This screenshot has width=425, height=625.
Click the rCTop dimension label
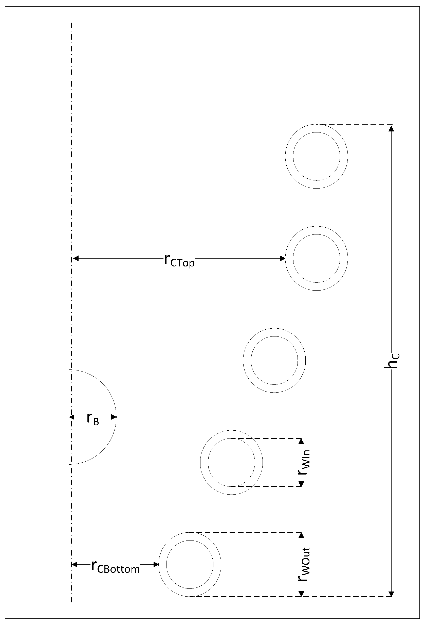[x=179, y=260]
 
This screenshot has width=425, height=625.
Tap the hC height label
[x=392, y=360]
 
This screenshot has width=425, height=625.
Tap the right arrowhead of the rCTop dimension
[x=282, y=258]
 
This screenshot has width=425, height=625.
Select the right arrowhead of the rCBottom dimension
[x=156, y=565]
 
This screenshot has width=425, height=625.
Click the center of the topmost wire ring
[x=317, y=156]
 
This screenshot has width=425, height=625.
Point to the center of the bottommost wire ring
[x=190, y=565]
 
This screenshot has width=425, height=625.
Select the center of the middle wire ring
[x=274, y=360]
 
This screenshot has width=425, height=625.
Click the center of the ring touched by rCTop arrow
[x=317, y=258]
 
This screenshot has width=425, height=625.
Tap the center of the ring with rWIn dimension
[x=231, y=463]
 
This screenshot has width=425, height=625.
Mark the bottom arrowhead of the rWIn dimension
[x=301, y=484]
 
